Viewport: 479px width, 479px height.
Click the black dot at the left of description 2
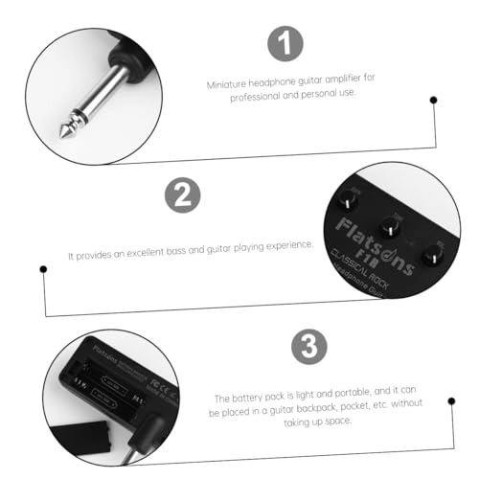tap(42, 269)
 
